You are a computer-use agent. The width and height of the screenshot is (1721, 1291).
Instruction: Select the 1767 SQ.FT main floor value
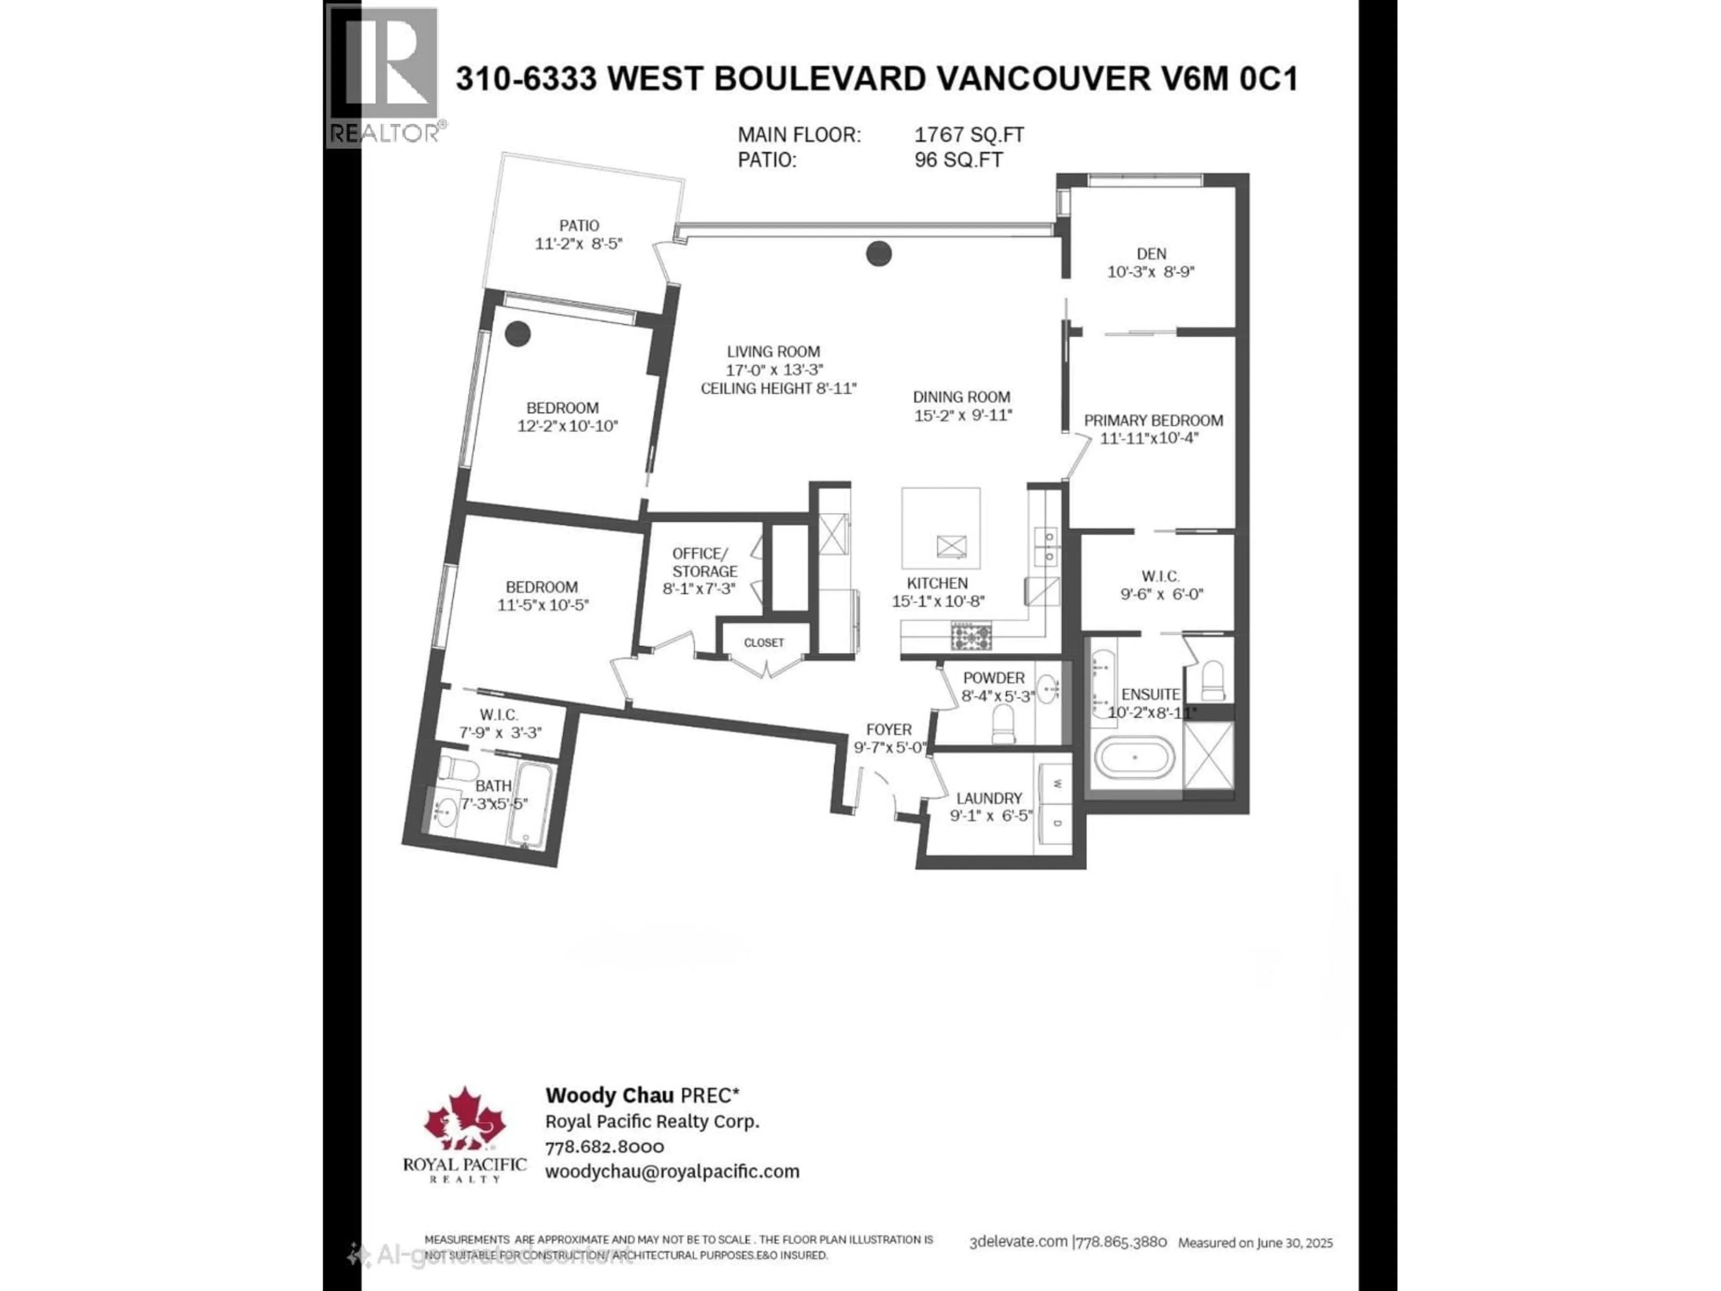969,134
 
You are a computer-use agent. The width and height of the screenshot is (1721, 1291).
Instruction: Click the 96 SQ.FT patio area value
959,160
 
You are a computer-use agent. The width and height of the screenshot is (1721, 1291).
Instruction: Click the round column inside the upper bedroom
517,334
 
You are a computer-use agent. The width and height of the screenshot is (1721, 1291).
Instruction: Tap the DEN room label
1151,254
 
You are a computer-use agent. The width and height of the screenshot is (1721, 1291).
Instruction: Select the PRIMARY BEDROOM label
1153,420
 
